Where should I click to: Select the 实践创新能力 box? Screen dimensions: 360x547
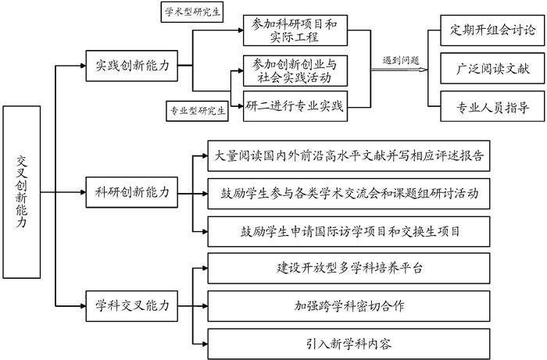click(x=131, y=66)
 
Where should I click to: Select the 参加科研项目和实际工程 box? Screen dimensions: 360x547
click(x=295, y=32)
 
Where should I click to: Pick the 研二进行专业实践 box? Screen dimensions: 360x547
click(x=295, y=103)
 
